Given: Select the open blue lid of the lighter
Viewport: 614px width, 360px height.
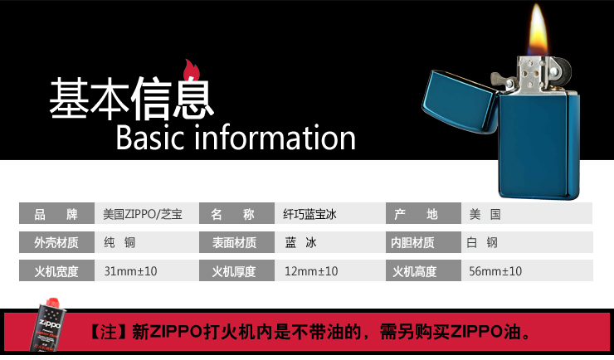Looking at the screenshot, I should (x=456, y=112).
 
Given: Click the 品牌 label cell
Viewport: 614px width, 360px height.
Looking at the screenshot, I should (x=56, y=215).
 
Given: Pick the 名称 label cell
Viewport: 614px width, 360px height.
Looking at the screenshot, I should (x=233, y=215).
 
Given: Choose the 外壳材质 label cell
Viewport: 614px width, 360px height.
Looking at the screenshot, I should (x=56, y=243).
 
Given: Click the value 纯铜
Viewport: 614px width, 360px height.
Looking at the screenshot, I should (x=119, y=243).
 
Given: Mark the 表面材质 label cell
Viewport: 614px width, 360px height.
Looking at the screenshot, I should (x=233, y=243).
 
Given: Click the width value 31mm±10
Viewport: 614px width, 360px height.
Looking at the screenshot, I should (x=131, y=271).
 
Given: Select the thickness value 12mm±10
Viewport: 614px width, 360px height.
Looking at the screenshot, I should (x=310, y=271).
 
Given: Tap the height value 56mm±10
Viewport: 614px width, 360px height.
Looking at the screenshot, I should (x=495, y=271).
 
